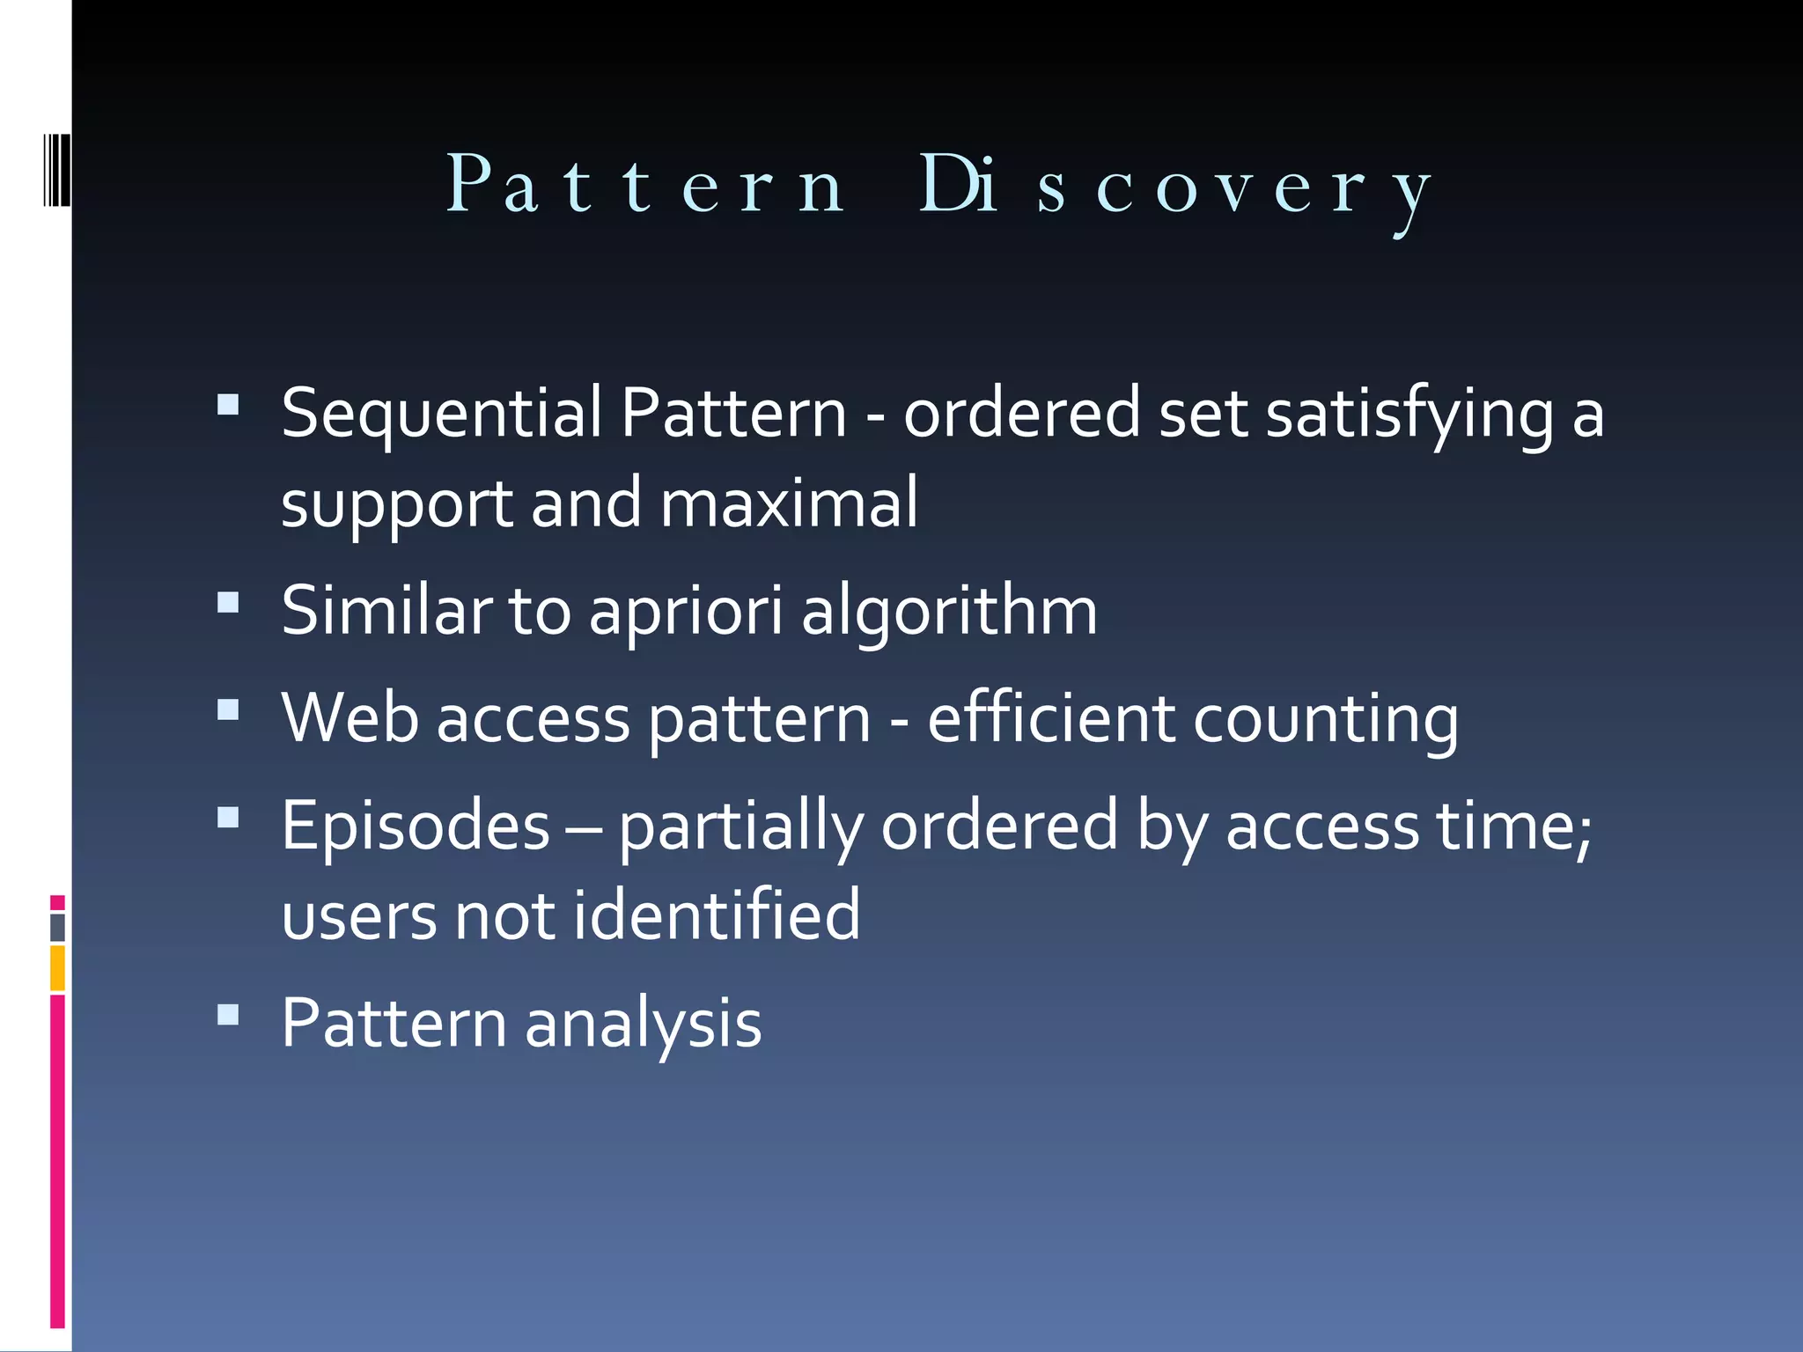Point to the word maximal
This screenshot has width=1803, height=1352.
coord(789,503)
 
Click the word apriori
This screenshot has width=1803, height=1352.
coord(686,612)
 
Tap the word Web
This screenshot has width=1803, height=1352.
coord(350,719)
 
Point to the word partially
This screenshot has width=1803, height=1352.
coord(740,827)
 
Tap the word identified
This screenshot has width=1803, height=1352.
coord(717,916)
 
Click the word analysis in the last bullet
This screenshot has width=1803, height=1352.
coord(643,1025)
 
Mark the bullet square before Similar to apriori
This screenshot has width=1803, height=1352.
coord(228,602)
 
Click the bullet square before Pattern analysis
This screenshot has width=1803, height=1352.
coord(228,1015)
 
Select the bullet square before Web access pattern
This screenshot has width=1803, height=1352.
coord(228,709)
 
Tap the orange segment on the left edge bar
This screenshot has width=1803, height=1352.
coord(57,968)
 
